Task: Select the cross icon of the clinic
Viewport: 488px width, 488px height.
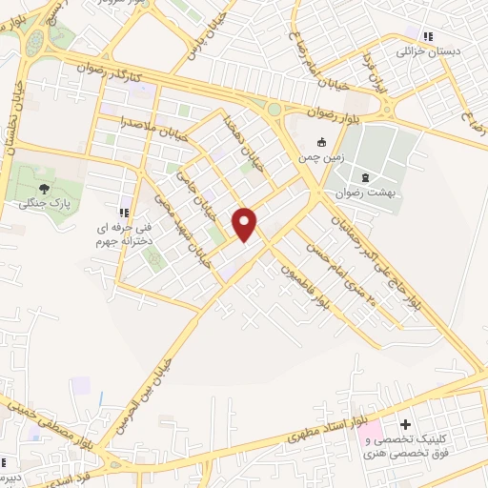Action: click(x=406, y=423)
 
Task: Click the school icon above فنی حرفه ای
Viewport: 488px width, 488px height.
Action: click(x=121, y=213)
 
